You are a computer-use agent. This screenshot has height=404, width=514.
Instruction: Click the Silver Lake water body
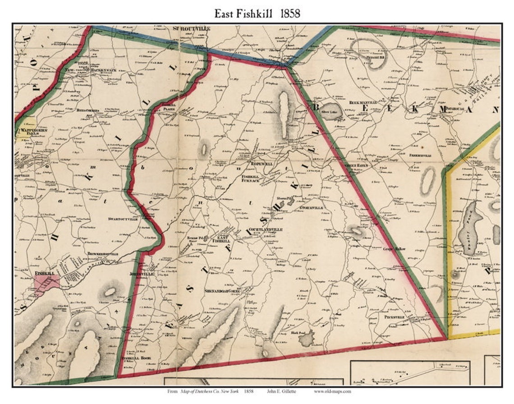[332, 113]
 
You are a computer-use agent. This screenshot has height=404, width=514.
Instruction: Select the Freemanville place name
[422, 155]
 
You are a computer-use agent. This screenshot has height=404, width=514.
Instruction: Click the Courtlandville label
[266, 230]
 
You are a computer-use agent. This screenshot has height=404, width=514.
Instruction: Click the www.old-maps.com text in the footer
[332, 391]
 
